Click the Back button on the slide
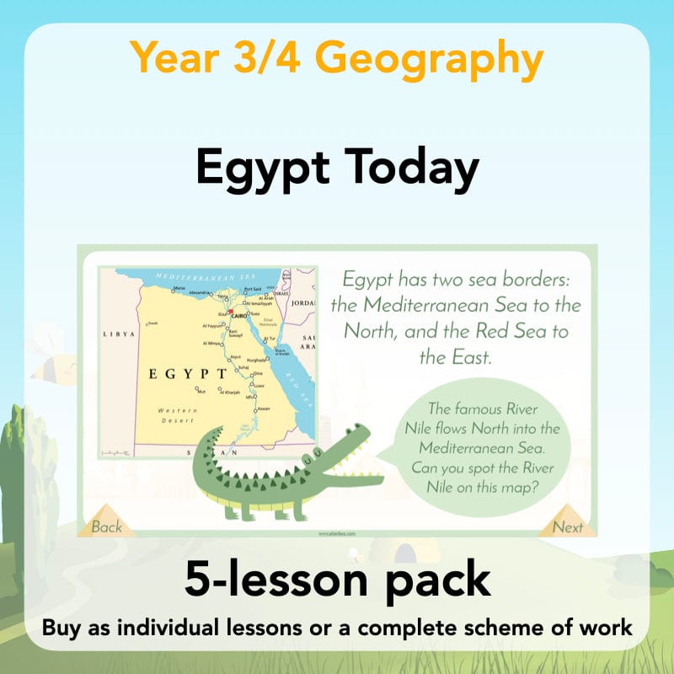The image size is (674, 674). coord(106,527)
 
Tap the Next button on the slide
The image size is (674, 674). coord(568,527)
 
